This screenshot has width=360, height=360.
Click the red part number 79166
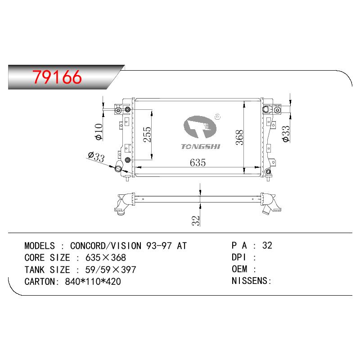coord(57,77)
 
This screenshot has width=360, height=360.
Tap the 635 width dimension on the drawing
coord(198,162)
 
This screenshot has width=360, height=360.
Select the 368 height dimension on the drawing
coord(239,138)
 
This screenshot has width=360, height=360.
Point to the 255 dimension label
coord(147,135)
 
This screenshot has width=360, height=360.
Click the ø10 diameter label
coord(99,131)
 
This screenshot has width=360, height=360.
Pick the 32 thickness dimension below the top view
coord(196,220)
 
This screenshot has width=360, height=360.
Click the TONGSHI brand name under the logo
coord(200,147)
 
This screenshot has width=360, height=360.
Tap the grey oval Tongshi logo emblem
coord(200,127)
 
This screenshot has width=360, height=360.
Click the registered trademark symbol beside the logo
coord(217,117)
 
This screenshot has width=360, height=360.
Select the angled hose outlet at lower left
coord(119,167)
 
